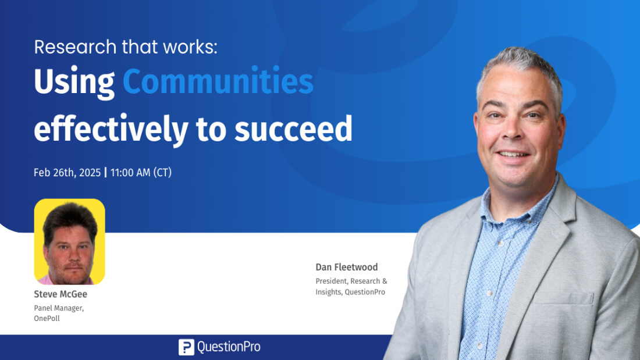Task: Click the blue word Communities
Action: coord(218,81)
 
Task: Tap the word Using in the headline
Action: coord(74,83)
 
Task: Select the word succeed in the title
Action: coord(293,128)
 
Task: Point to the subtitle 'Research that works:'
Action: coord(126,47)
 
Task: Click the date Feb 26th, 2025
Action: coord(67,173)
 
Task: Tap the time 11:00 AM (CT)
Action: coord(141,173)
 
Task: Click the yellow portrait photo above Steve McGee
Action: coord(69,241)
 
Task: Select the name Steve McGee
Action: coord(61,294)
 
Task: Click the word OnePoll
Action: coord(47,318)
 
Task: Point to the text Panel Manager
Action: coord(59,308)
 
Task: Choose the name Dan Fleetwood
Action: coord(347,267)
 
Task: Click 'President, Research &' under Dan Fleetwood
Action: coord(351,281)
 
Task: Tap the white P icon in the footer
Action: coord(186,347)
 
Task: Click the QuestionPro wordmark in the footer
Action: coord(229,347)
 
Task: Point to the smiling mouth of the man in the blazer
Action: coord(513,155)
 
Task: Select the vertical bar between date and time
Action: coord(106,172)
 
